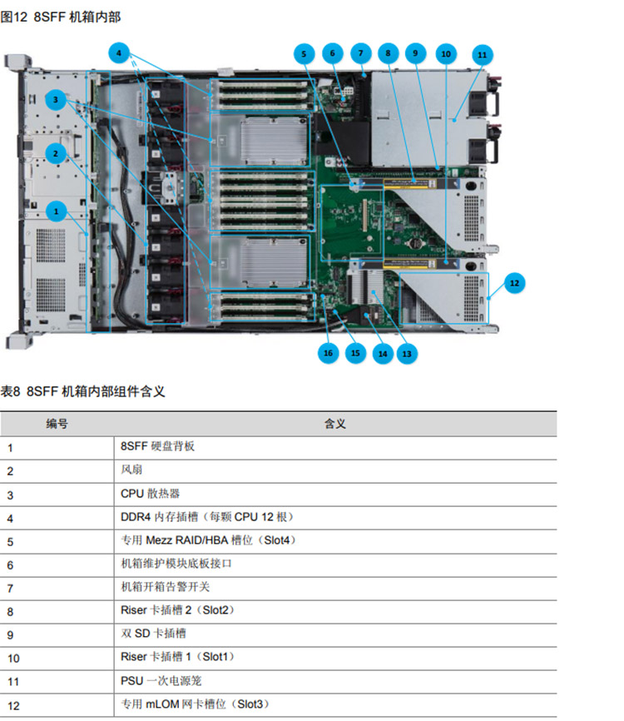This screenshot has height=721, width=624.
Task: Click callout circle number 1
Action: (57, 211)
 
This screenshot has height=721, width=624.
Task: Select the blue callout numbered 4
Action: (120, 52)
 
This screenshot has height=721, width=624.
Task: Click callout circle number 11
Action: (481, 54)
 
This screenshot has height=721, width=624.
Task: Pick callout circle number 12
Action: (514, 283)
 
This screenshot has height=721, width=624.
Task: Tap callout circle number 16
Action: (328, 352)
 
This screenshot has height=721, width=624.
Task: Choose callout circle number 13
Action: (407, 352)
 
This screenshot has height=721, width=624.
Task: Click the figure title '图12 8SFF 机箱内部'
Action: (55, 17)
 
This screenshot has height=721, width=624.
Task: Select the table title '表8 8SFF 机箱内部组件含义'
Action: (82, 391)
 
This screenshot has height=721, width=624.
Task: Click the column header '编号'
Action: (57, 424)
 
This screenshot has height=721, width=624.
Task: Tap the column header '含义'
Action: (334, 424)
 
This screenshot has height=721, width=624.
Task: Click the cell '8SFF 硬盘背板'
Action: (158, 446)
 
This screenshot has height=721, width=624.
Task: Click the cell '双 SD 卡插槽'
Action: (151, 634)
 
